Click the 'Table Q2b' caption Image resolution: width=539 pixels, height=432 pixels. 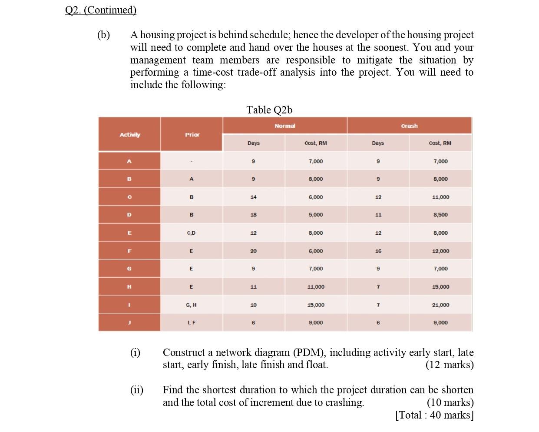pyautogui.click(x=269, y=110)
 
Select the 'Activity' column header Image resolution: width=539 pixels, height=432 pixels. pyautogui.click(x=129, y=135)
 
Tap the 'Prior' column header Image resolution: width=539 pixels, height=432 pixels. pyautogui.click(x=192, y=135)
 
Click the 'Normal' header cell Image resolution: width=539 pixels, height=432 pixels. pyautogui.click(x=284, y=126)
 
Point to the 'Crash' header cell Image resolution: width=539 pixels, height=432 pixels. pyautogui.click(x=409, y=126)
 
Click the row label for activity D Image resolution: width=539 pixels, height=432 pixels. pyautogui.click(x=129, y=215)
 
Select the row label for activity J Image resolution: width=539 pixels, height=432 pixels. pyautogui.click(x=129, y=322)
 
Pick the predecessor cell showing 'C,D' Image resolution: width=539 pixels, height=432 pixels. pyautogui.click(x=192, y=233)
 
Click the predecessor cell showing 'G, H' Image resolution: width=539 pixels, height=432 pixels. pyautogui.click(x=192, y=305)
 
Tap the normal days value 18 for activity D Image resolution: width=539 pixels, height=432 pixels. pyautogui.click(x=254, y=215)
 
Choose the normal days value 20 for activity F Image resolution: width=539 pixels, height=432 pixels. pyautogui.click(x=254, y=251)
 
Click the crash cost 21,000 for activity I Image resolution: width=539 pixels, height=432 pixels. pyautogui.click(x=440, y=305)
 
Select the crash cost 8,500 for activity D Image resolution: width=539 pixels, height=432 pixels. pyautogui.click(x=440, y=215)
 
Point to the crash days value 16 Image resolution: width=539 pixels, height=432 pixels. pyautogui.click(x=378, y=251)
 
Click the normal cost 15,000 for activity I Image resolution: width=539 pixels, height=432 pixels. pyautogui.click(x=316, y=305)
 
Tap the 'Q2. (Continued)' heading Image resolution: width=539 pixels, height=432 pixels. pyautogui.click(x=100, y=10)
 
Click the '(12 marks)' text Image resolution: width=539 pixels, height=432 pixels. pyautogui.click(x=450, y=365)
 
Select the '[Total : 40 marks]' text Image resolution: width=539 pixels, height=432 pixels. pyautogui.click(x=434, y=415)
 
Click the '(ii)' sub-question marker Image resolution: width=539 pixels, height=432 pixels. pyautogui.click(x=137, y=390)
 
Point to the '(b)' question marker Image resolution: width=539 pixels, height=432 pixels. pyautogui.click(x=103, y=35)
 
